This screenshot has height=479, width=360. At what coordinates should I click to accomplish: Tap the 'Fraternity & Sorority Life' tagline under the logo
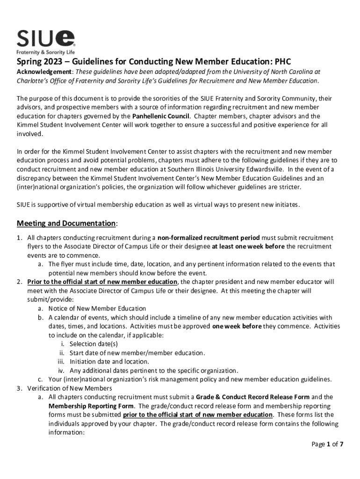click(x=45, y=52)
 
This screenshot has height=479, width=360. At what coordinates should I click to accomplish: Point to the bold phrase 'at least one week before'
click(x=248, y=247)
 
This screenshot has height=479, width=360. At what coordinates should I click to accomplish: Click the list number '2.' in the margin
click(x=20, y=282)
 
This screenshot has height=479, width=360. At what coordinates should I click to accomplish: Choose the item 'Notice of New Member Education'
click(x=97, y=309)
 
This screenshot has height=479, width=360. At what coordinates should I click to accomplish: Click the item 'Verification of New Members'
click(x=70, y=388)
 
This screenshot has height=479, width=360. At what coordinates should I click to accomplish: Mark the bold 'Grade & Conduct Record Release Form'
click(x=252, y=397)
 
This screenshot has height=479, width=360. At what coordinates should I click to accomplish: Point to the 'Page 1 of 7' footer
click(x=328, y=444)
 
